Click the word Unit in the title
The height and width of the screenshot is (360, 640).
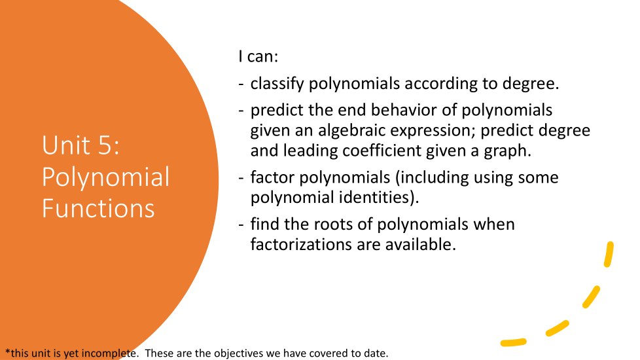[x=66, y=145]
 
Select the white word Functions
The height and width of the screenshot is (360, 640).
[x=98, y=209]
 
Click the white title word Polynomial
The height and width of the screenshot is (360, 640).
[x=106, y=178]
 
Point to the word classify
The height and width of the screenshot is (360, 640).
[x=277, y=84]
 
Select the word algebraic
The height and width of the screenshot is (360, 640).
[x=352, y=131]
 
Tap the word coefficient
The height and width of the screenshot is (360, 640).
[x=382, y=151]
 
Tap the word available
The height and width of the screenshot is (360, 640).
[x=420, y=245]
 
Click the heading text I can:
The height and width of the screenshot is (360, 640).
[x=258, y=56]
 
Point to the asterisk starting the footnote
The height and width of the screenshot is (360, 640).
[x=7, y=351]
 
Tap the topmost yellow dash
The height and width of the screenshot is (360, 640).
[x=609, y=255]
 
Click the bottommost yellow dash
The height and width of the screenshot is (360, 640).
[x=514, y=342]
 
